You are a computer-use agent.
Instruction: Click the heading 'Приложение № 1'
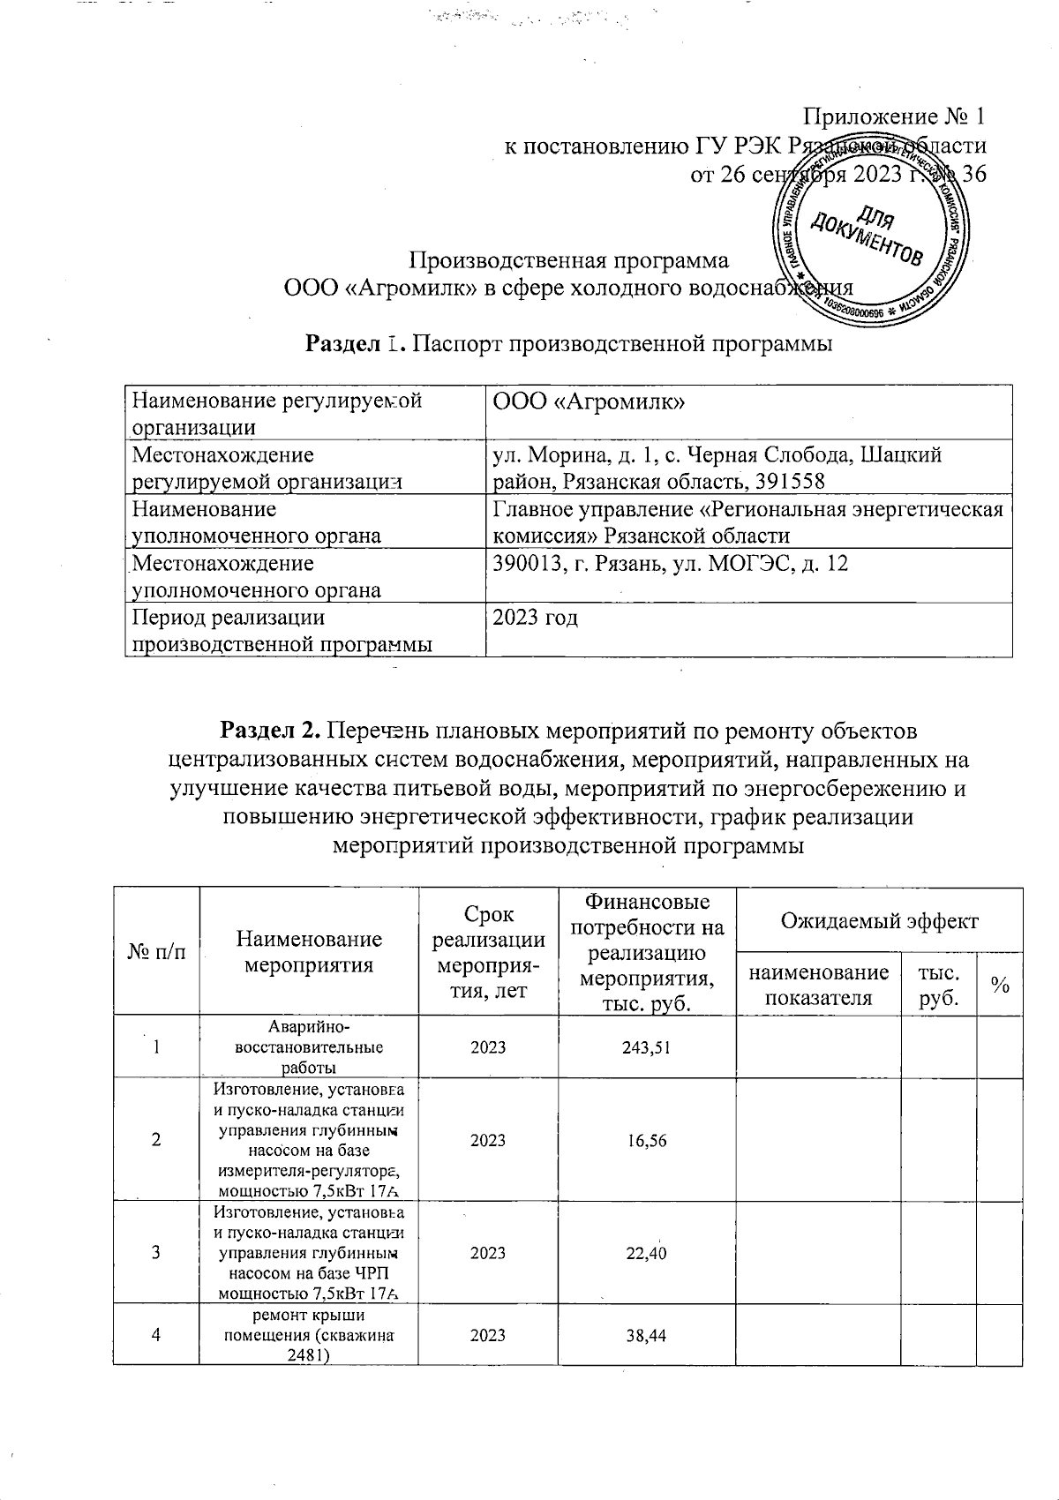pos(893,116)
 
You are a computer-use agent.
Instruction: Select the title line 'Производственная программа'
pos(572,261)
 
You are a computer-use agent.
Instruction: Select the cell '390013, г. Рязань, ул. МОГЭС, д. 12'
pos(671,563)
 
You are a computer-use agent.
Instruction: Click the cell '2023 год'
pos(535,618)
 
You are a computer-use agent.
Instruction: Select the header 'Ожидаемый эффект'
pos(879,921)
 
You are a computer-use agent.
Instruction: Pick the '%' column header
pos(999,985)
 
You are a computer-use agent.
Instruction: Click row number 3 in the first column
pos(156,1253)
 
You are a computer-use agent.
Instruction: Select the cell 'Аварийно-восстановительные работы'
pos(309,1047)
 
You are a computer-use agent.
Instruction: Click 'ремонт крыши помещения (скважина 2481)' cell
pos(309,1335)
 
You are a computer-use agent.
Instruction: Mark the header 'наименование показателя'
pos(818,985)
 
